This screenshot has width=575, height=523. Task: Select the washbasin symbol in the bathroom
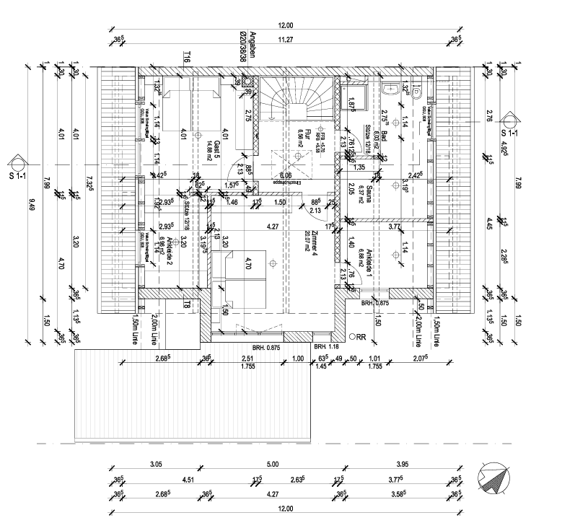pos(391,89)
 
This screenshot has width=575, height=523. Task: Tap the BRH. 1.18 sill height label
pos(327,346)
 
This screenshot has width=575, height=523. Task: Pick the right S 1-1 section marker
pos(510,124)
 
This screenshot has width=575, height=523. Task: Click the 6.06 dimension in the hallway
pos(286,175)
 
